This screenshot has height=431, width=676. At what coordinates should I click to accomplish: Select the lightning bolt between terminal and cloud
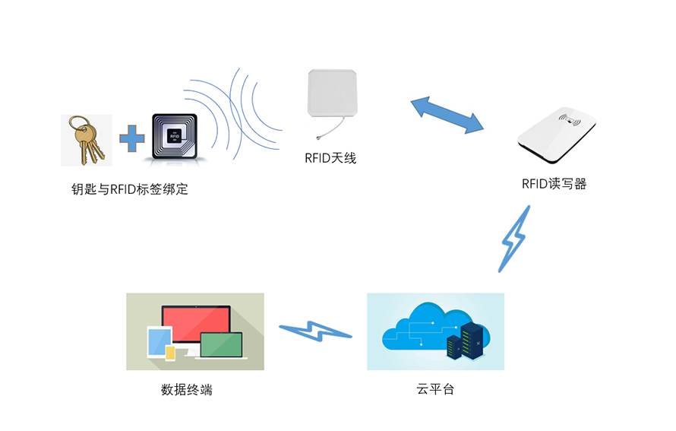[x=315, y=331]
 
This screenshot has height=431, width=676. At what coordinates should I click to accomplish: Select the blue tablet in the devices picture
[x=156, y=342]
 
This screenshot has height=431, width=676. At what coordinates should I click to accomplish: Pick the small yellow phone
[x=171, y=353]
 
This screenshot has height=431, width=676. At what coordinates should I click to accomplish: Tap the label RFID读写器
[x=554, y=183]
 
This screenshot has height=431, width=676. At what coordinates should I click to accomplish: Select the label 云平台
[x=435, y=390]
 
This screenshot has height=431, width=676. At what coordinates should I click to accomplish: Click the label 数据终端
[x=186, y=390]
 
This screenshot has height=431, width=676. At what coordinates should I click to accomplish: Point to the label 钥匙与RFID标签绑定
[x=129, y=189]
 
